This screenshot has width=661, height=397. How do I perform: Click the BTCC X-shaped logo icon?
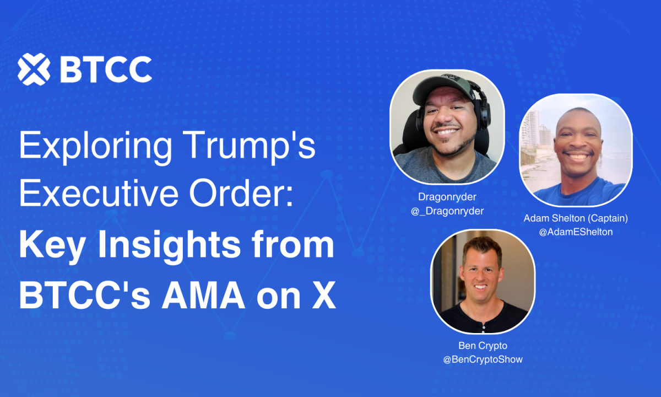(x=34, y=69)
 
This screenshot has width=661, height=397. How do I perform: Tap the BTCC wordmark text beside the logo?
(x=106, y=69)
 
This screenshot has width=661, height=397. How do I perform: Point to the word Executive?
(x=99, y=192)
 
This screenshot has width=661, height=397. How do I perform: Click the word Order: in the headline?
(x=241, y=192)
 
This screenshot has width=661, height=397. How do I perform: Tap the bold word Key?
(x=52, y=246)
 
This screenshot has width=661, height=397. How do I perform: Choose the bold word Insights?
(x=170, y=246)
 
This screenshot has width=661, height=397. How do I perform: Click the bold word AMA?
(x=203, y=295)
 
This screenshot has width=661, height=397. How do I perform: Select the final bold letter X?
(x=324, y=295)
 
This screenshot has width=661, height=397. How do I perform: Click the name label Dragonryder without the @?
(x=447, y=197)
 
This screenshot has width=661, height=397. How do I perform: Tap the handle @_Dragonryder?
(x=447, y=211)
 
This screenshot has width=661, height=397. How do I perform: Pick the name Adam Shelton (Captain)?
(x=576, y=218)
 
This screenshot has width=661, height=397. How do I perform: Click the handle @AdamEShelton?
(x=576, y=232)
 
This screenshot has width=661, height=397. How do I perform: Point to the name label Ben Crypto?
(x=483, y=346)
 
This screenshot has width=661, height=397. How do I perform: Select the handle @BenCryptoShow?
(x=483, y=360)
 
